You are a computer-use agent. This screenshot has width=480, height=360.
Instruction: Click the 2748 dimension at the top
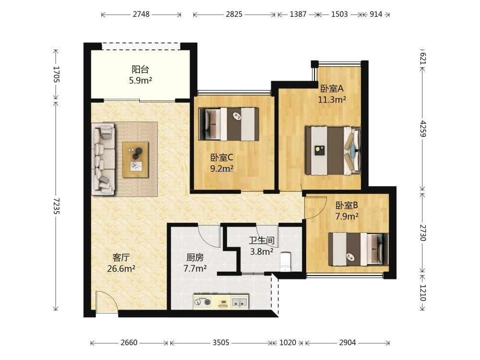(x=141, y=14)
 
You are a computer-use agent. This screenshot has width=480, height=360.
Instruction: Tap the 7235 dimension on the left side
(x=56, y=206)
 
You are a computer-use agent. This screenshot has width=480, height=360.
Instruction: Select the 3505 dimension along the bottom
(x=221, y=342)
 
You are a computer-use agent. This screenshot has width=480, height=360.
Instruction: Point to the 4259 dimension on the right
(x=423, y=128)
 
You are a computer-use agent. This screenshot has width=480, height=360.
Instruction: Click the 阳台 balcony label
(x=141, y=70)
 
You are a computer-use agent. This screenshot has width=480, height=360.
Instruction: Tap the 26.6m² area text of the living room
(x=121, y=268)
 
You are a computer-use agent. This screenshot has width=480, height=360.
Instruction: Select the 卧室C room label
(x=222, y=157)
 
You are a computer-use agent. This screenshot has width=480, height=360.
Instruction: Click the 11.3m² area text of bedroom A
(x=332, y=99)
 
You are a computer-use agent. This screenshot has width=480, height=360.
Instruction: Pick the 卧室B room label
(x=347, y=205)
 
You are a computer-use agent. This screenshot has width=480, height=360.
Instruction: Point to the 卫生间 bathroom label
(x=262, y=240)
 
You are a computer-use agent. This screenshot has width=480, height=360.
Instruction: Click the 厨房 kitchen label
(x=195, y=257)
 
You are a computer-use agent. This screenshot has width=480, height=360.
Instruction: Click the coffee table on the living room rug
(x=136, y=159)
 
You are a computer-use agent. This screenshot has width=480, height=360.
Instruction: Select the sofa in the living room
(x=104, y=158)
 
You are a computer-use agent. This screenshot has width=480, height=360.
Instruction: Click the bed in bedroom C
(x=228, y=124)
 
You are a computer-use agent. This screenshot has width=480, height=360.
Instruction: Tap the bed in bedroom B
(x=359, y=249)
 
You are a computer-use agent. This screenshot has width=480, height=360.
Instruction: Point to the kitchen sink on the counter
(x=240, y=302)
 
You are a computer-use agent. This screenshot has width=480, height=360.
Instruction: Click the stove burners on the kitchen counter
(x=203, y=302)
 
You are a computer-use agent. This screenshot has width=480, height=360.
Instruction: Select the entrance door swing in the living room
(x=107, y=302)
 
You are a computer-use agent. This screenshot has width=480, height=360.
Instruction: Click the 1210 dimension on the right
(x=423, y=293)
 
